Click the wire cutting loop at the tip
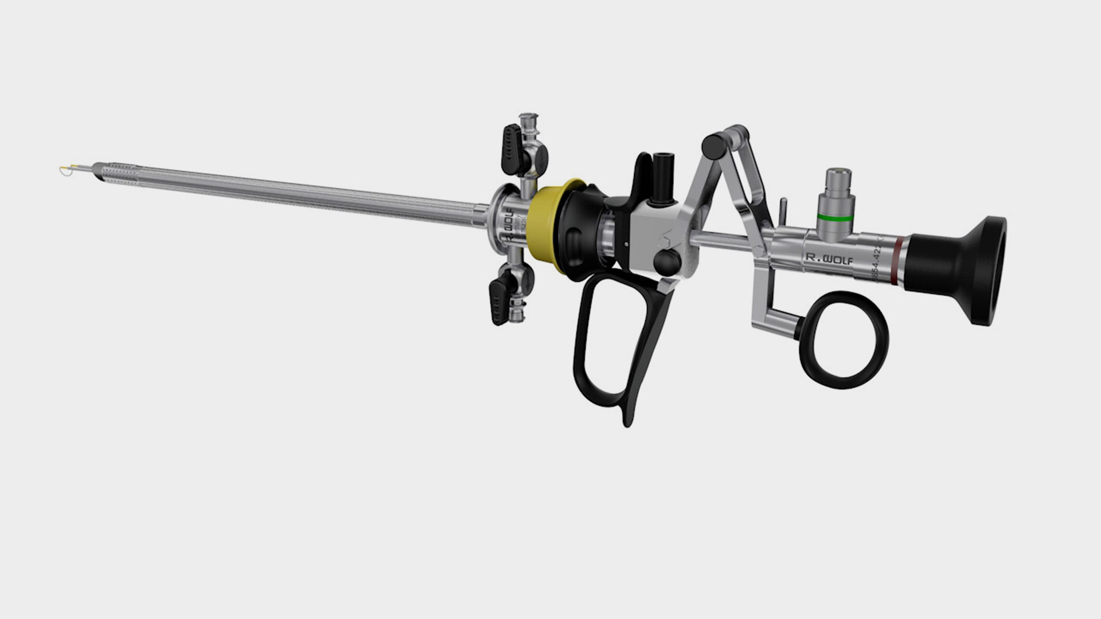[x=65, y=170]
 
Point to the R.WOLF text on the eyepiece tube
[x=829, y=259]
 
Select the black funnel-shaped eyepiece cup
[x=969, y=269]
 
